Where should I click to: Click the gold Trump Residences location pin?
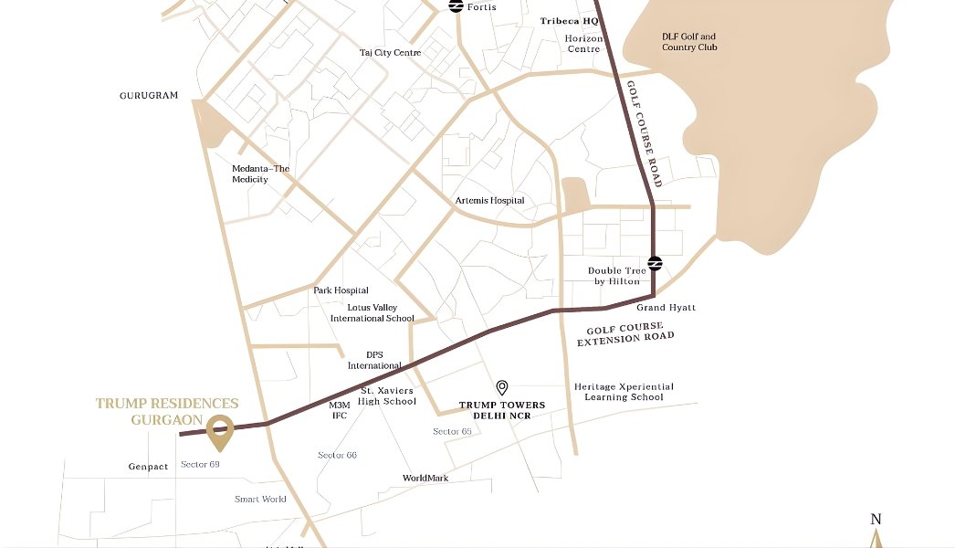tap(218, 432)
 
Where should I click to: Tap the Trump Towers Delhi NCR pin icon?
tap(501, 388)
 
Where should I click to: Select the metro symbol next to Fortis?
tap(456, 6)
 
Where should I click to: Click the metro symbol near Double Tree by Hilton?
tap(655, 264)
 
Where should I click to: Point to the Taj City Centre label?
tap(390, 53)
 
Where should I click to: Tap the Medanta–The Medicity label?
tap(260, 174)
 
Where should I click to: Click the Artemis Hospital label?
tap(489, 200)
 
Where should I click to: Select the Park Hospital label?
tap(341, 290)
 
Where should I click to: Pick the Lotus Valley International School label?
tap(372, 313)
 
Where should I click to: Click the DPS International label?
tap(374, 360)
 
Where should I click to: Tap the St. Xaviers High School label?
tap(386, 395)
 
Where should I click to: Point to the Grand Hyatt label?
tap(666, 308)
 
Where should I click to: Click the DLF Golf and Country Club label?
tap(689, 42)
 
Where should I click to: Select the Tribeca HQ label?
tap(569, 20)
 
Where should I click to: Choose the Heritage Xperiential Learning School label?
tap(624, 392)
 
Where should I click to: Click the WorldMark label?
tap(425, 478)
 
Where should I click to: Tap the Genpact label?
tap(148, 467)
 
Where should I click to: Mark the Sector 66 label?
tap(337, 455)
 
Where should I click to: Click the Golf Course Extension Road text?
tap(625, 333)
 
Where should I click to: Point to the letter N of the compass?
tap(876, 520)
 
